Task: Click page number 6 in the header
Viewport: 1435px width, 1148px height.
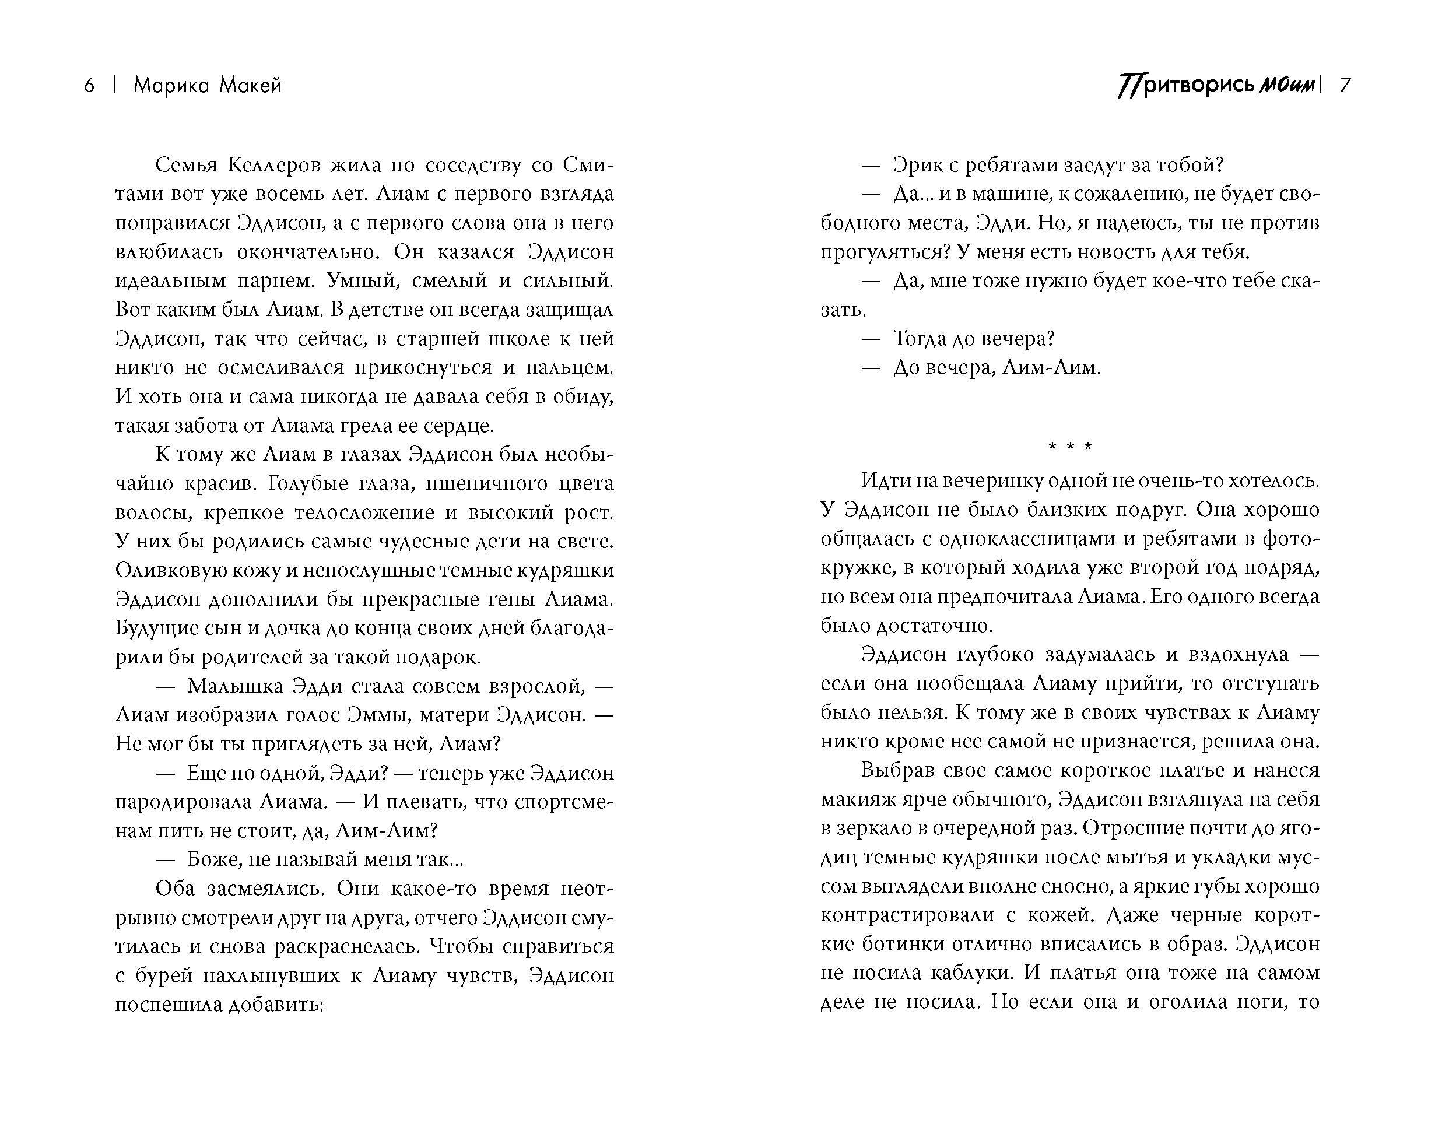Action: point(89,86)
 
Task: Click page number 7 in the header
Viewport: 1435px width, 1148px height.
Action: point(1345,86)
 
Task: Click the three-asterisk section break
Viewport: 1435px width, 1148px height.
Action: point(1069,447)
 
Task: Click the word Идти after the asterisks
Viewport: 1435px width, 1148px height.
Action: point(885,480)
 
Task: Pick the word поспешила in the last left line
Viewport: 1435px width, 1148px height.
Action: point(168,1004)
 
